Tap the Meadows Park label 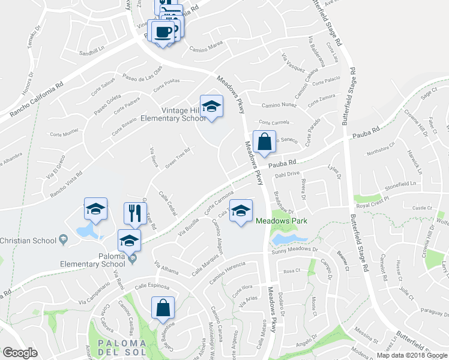point(282,221)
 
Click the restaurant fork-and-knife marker point(135,212)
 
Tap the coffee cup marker point(163,31)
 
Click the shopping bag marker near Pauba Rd point(264,142)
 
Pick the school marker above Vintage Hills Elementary point(211,107)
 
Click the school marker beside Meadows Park point(241,211)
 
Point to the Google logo point(20,353)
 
